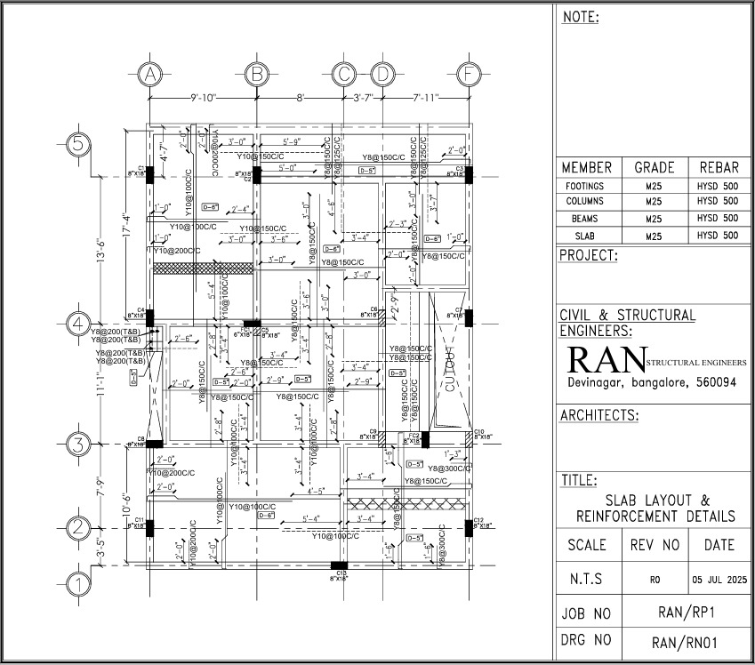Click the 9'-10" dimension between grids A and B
click(x=203, y=98)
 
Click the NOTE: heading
click(x=582, y=17)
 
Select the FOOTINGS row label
click(x=584, y=187)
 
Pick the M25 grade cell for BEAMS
click(x=653, y=219)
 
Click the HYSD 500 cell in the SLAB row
click(x=718, y=236)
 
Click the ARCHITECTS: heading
click(x=598, y=414)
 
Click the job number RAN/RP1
click(x=684, y=613)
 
